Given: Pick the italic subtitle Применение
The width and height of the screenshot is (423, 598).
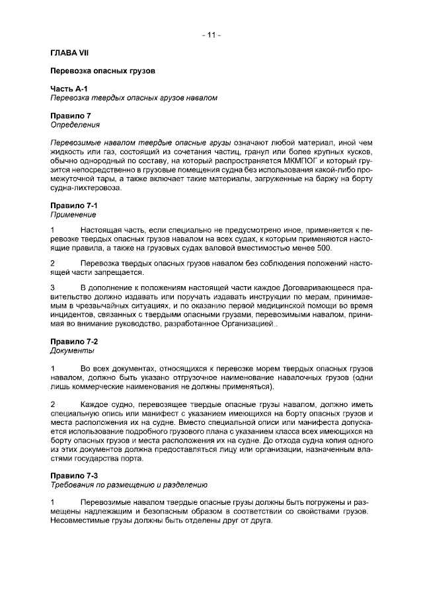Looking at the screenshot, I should [x=73, y=215].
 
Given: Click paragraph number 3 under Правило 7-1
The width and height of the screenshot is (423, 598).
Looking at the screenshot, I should [x=53, y=287].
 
